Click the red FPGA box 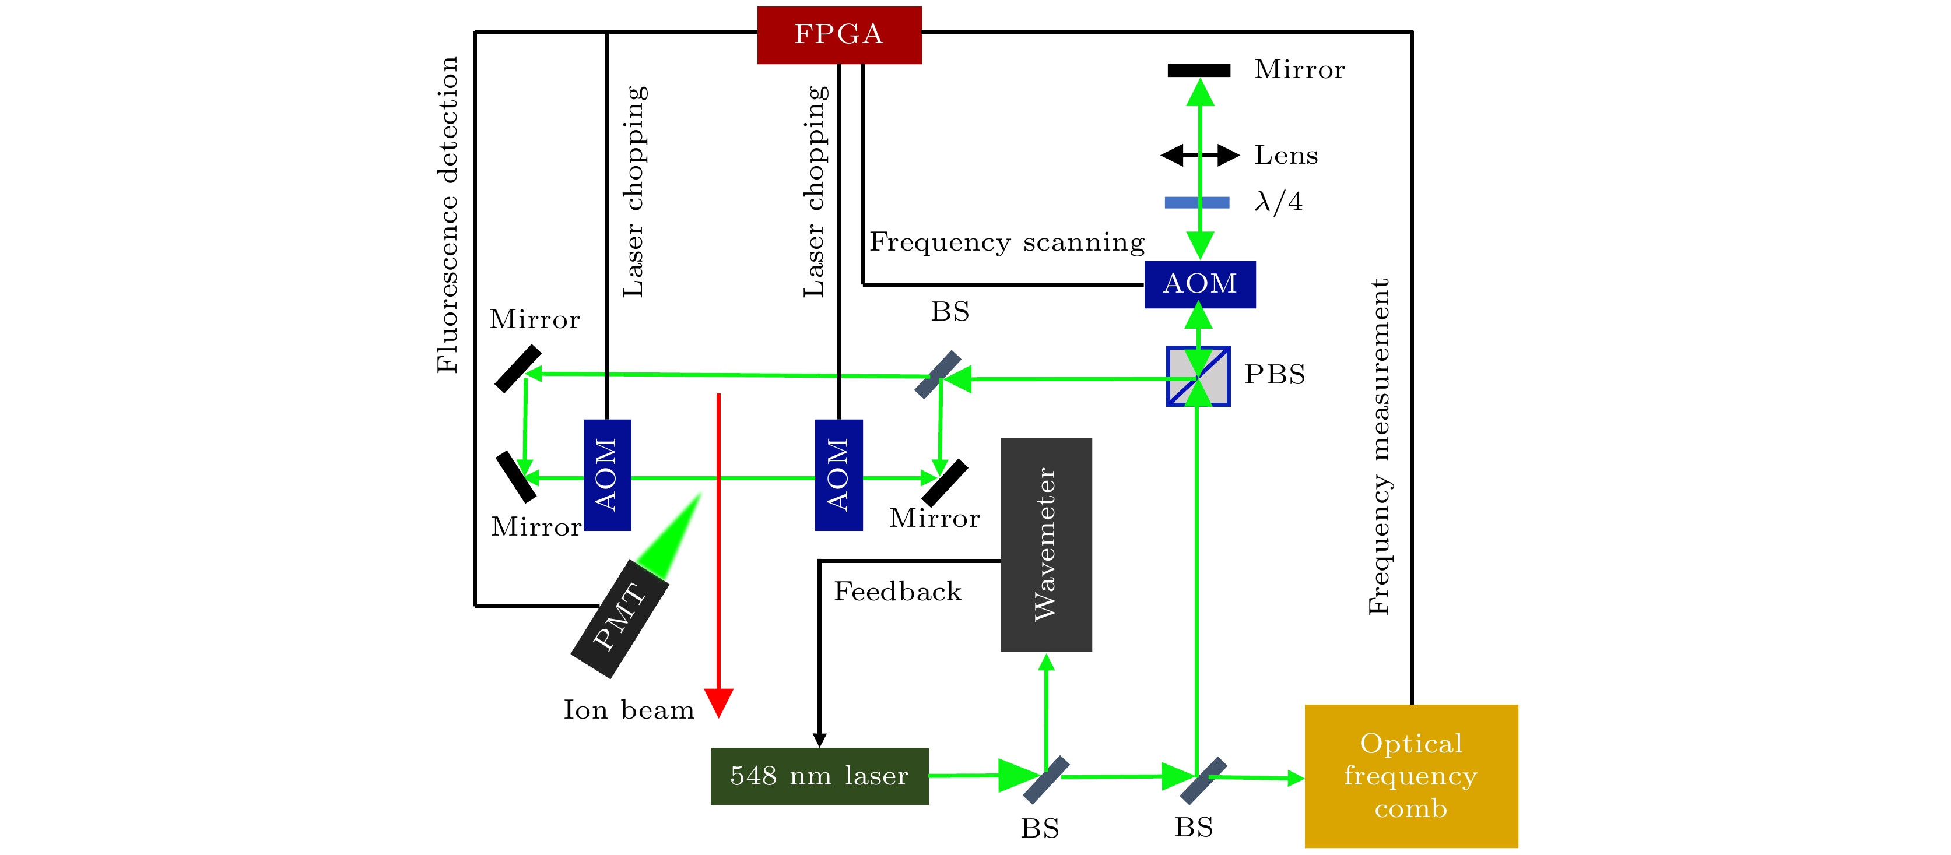pyautogui.click(x=839, y=35)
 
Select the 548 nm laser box pyautogui.click(x=819, y=776)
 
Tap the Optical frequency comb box pyautogui.click(x=1410, y=776)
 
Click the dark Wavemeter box pyautogui.click(x=1045, y=544)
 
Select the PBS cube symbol pyautogui.click(x=1198, y=377)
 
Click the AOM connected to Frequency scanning pyautogui.click(x=1199, y=284)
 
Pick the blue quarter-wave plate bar pyautogui.click(x=1196, y=202)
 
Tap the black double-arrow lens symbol pyautogui.click(x=1199, y=155)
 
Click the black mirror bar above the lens pyautogui.click(x=1198, y=71)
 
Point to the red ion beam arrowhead pyautogui.click(x=718, y=702)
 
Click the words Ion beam pyautogui.click(x=629, y=710)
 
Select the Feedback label pyautogui.click(x=897, y=592)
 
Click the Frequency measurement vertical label pyautogui.click(x=1379, y=447)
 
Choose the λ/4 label pyautogui.click(x=1279, y=202)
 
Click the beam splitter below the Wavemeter pyautogui.click(x=1046, y=779)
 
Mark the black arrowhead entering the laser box pyautogui.click(x=819, y=739)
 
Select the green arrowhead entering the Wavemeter pyautogui.click(x=1046, y=663)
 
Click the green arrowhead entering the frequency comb pyautogui.click(x=1295, y=777)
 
